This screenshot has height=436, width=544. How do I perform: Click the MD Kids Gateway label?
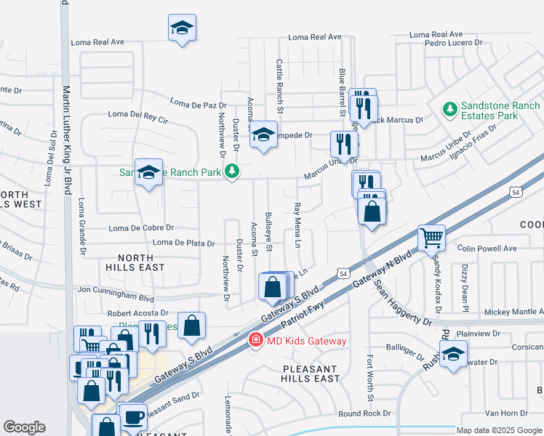tap(295, 341)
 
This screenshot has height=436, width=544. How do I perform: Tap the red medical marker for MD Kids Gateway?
tap(255, 340)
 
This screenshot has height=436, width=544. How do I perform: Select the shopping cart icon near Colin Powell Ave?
tap(432, 237)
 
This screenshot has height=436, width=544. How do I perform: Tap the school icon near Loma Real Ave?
tap(182, 28)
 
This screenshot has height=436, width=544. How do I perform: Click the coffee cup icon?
tap(133, 417)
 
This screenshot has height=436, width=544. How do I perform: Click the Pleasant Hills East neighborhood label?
tap(311, 374)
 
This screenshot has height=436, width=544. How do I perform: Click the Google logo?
tap(24, 427)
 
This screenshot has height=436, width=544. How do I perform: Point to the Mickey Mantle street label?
tap(513, 312)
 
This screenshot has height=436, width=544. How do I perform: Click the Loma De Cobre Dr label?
tap(141, 228)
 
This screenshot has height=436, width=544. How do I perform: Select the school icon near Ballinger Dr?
tap(454, 355)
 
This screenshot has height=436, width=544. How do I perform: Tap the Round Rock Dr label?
tap(364, 413)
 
